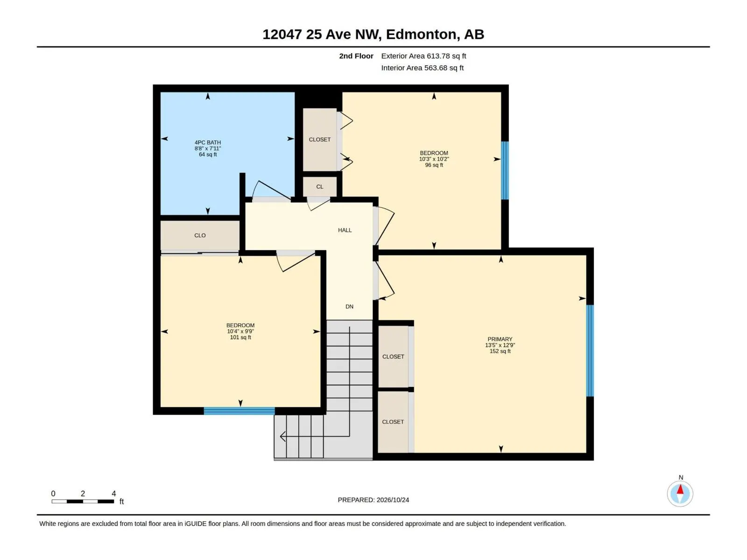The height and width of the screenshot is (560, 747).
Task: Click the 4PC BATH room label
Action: (x=208, y=142)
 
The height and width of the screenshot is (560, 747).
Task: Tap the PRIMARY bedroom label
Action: (x=500, y=339)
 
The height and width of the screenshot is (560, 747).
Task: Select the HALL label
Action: (x=345, y=230)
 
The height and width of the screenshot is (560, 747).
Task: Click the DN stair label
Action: (x=350, y=306)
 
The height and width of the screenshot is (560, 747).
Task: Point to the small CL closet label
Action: (x=319, y=187)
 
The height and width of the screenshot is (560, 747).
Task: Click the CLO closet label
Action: (x=200, y=235)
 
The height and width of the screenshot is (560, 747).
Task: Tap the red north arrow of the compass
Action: (x=680, y=489)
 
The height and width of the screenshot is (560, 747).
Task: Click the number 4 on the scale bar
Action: (x=113, y=493)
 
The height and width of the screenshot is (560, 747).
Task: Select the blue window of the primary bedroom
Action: (x=590, y=350)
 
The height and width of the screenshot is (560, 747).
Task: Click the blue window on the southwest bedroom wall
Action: (x=239, y=411)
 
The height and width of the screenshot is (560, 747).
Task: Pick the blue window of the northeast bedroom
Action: (x=505, y=170)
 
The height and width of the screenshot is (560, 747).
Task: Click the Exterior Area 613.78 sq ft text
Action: (x=423, y=56)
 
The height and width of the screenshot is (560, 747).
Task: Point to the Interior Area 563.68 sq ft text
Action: (x=423, y=68)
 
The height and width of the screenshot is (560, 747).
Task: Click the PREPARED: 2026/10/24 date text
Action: (x=373, y=500)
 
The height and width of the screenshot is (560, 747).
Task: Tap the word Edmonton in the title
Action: (x=421, y=35)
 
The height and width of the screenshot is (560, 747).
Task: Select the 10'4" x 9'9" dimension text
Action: (x=240, y=331)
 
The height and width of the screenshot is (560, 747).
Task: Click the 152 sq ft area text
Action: (x=500, y=351)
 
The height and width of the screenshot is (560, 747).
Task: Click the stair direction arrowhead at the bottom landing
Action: (x=282, y=436)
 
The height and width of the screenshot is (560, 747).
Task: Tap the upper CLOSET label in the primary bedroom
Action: (x=393, y=357)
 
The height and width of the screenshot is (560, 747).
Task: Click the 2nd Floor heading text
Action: (x=356, y=56)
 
